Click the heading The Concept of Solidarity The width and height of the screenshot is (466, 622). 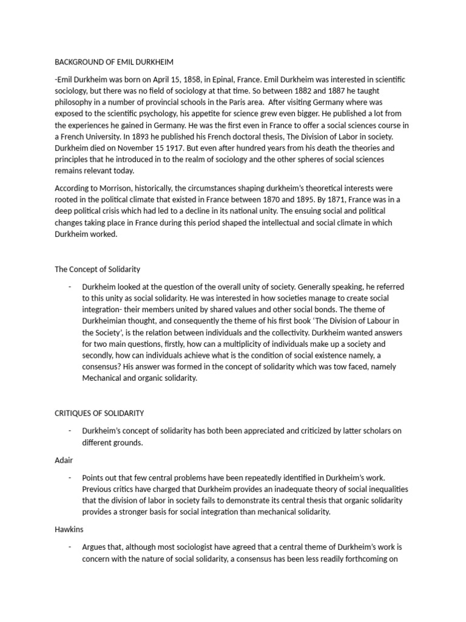(98, 269)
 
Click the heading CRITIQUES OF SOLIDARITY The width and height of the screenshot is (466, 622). (100, 414)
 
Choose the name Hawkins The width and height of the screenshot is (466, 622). (70, 530)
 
